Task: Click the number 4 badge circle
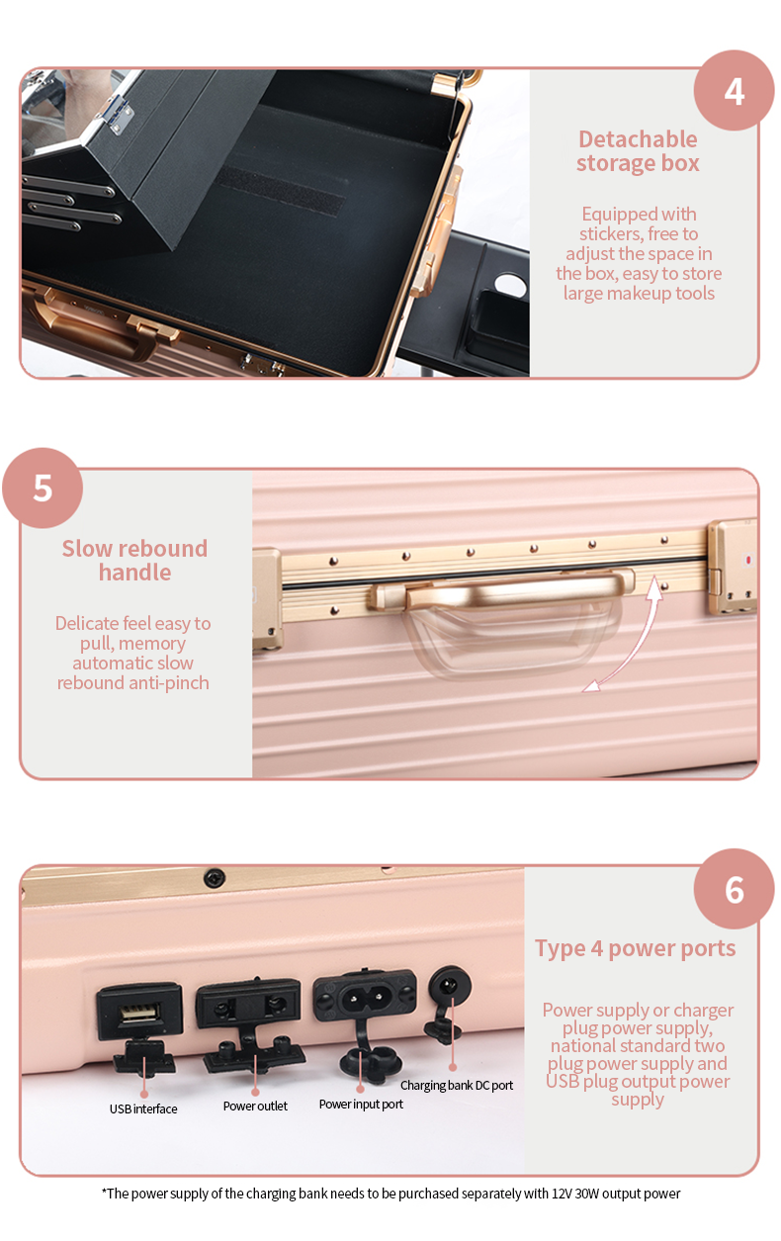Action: (x=734, y=90)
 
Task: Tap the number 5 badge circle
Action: (x=43, y=488)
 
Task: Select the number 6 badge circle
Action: (x=734, y=889)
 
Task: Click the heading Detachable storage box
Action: (x=638, y=150)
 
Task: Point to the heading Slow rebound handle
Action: (x=134, y=560)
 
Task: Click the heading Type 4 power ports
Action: (x=636, y=948)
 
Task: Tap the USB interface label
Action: (x=143, y=1108)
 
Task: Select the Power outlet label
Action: (x=255, y=1106)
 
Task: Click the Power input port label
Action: (x=361, y=1105)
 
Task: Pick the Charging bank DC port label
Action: (x=457, y=1086)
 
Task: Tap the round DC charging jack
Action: (x=450, y=987)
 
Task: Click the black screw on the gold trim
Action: (x=215, y=877)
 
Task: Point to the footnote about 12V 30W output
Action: (x=390, y=1194)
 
